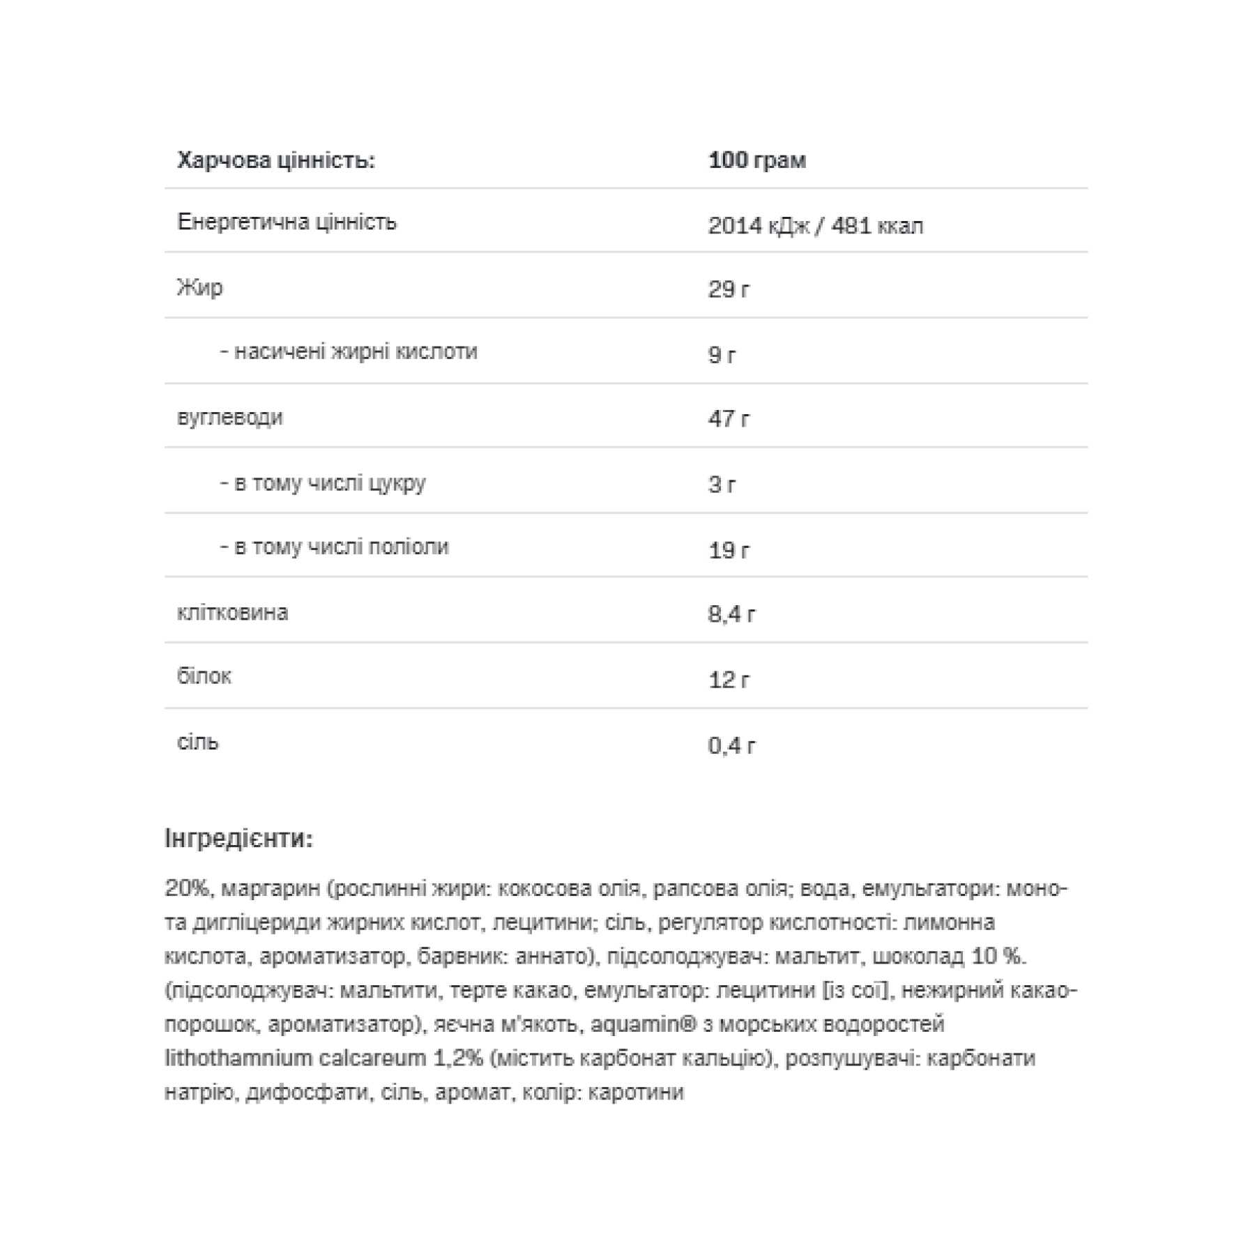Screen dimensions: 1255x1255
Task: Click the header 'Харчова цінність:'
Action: [276, 161]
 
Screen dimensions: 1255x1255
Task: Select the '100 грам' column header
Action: [756, 160]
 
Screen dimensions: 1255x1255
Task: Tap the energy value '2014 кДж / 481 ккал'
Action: [815, 226]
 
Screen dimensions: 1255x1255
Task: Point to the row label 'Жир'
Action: [200, 287]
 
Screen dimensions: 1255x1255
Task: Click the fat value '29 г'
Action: [729, 289]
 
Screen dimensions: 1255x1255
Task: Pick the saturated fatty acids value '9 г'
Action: [722, 355]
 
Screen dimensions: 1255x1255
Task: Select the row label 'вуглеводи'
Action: [230, 418]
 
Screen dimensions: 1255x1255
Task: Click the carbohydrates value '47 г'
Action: [729, 419]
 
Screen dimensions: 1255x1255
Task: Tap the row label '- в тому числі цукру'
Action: [323, 482]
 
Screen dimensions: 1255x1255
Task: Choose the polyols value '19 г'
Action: [729, 550]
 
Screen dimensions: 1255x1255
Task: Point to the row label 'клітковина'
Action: [232, 612]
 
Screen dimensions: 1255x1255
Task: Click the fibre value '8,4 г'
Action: [731, 614]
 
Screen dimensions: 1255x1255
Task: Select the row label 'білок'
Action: [204, 676]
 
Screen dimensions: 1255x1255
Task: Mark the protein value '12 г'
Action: [729, 680]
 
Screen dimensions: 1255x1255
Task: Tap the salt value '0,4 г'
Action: [731, 746]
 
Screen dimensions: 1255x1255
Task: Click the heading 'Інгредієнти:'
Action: [239, 838]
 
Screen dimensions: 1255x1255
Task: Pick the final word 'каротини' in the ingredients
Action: [636, 1092]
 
